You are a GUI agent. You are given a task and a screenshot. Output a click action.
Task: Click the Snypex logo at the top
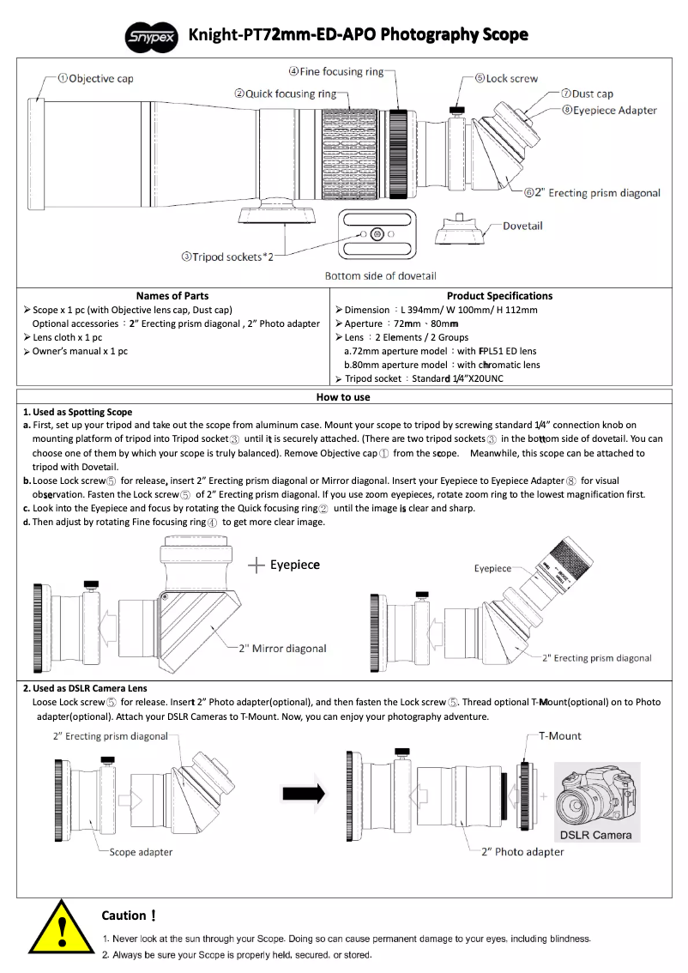pos(152,36)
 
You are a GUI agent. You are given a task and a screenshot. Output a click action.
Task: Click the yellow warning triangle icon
pos(62,932)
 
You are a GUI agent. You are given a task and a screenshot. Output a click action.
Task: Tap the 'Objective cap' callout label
pos(95,79)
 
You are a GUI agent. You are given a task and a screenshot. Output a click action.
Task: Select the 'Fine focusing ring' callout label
pos(335,71)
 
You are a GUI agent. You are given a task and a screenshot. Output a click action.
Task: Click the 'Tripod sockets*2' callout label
pos(226,257)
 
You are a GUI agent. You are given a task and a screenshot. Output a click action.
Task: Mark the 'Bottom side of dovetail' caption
pos(380,275)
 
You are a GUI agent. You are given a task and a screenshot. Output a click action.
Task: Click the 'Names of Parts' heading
pos(172,296)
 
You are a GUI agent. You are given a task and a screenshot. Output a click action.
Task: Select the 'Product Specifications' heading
pos(499,296)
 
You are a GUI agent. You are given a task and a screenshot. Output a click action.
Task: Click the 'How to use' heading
pos(343,397)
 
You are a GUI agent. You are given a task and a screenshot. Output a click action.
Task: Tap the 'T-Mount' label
pos(559,736)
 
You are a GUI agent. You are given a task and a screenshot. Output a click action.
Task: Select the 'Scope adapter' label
pos(141,852)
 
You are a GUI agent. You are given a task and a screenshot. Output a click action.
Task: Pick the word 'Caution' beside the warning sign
pos(124,916)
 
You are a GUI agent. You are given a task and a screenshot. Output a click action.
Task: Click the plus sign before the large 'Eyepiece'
pos(256,565)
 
